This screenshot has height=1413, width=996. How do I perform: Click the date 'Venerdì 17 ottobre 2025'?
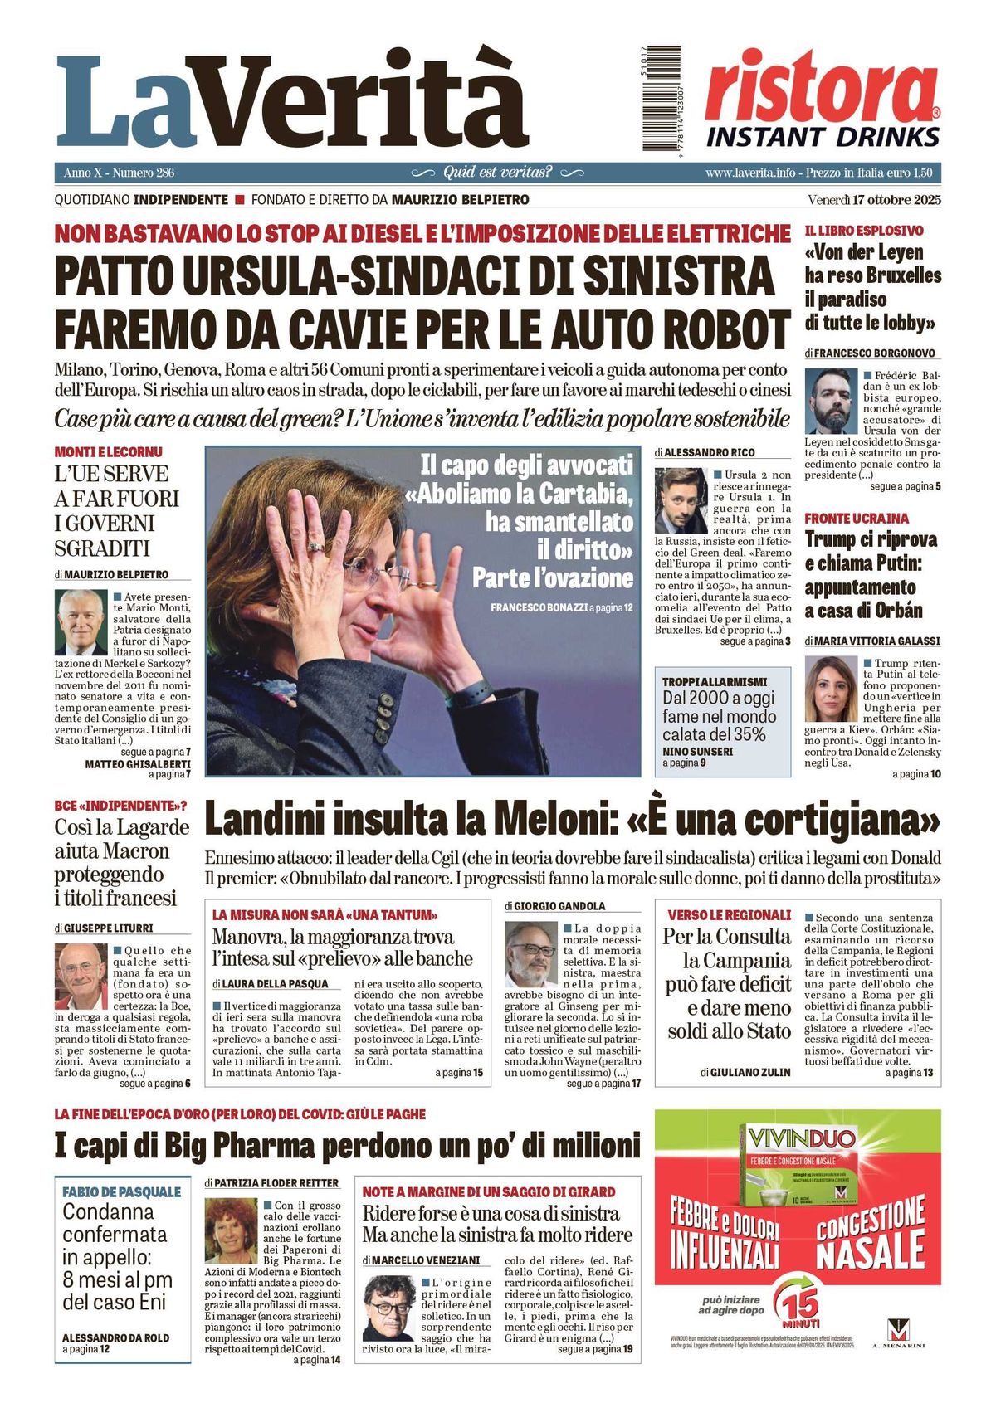click(873, 200)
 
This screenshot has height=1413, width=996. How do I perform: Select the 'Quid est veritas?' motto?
click(497, 173)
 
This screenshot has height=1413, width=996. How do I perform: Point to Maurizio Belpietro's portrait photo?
click(81, 622)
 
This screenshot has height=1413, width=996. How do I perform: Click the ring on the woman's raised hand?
click(316, 547)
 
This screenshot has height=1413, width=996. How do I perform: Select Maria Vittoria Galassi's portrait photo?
click(831, 689)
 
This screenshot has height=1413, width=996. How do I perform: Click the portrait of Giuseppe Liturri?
click(81, 976)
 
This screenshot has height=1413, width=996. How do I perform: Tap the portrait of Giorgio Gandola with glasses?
click(531, 953)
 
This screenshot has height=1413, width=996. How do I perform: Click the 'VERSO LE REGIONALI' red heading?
click(729, 915)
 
